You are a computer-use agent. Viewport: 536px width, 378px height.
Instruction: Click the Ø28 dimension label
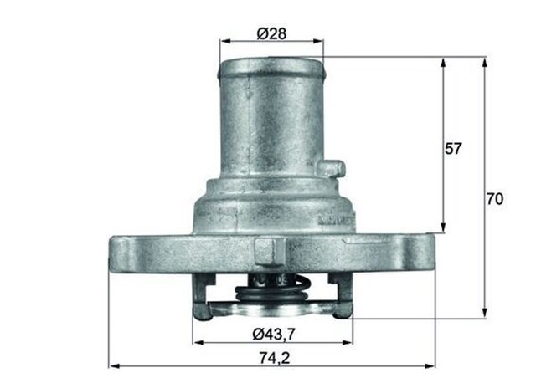[271, 33]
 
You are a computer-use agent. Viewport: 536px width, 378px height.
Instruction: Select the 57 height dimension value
[453, 149]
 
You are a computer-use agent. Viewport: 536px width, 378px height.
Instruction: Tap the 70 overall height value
[495, 200]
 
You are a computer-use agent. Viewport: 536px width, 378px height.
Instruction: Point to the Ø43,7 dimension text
[272, 335]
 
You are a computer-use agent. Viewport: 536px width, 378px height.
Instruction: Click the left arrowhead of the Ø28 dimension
[224, 40]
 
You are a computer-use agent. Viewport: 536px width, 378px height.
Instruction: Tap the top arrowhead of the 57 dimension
[443, 62]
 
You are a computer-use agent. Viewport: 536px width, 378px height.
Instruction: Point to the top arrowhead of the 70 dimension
[484, 62]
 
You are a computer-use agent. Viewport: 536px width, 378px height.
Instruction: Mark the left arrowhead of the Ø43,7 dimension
[197, 343]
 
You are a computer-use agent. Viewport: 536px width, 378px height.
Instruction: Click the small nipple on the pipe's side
[334, 169]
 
